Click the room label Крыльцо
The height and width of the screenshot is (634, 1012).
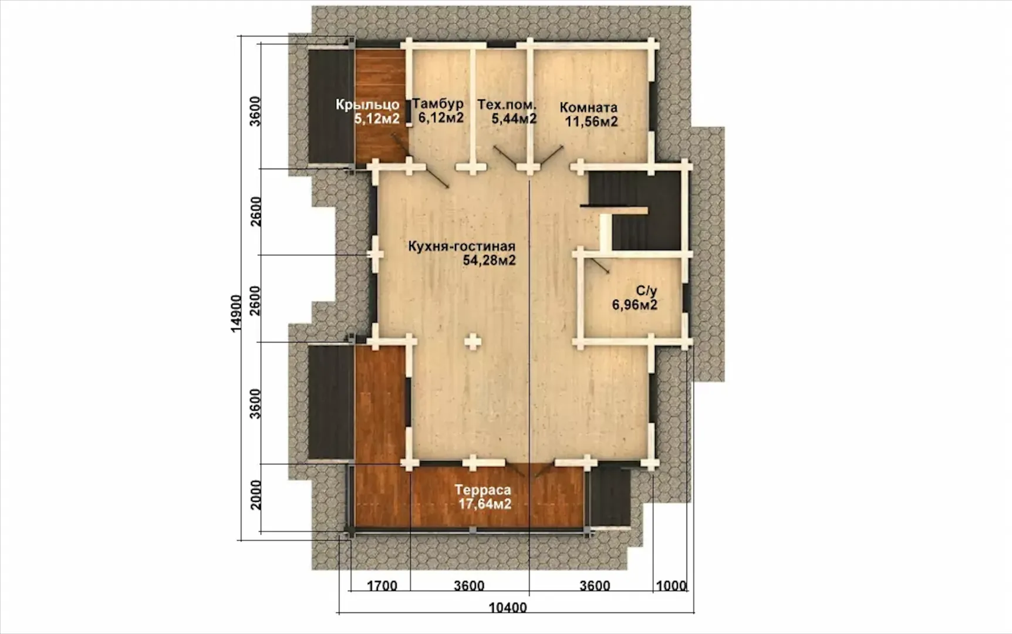point(367,104)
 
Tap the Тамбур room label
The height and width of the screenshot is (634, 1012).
point(438,103)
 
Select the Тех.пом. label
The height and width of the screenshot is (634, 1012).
point(507,104)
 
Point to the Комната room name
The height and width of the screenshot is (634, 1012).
point(588,107)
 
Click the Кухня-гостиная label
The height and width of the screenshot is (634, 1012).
point(461,246)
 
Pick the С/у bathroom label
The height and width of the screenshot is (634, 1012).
point(646,291)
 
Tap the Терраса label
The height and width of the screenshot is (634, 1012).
point(483,490)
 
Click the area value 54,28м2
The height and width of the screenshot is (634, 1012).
point(489,260)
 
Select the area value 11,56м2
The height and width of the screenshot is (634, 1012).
point(591,122)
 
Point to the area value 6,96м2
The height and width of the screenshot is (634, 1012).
point(635,305)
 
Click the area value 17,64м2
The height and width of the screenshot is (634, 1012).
point(485,504)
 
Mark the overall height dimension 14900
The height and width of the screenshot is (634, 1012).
point(236,313)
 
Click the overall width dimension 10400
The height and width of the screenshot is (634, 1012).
point(508,608)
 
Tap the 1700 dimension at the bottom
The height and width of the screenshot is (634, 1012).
point(382,586)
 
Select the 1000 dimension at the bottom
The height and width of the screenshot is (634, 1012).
point(671,586)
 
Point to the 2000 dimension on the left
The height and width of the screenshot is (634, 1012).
point(255,495)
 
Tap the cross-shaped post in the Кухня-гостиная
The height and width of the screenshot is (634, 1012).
point(473,341)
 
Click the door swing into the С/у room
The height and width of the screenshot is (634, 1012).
point(599,266)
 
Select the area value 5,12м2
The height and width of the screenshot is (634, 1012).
point(377,119)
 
